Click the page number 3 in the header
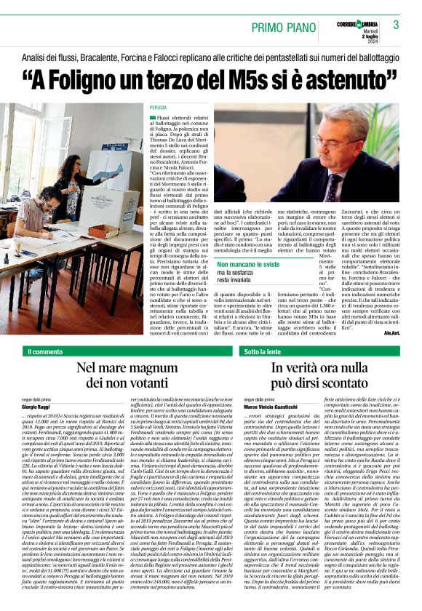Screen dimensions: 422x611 (396, 25)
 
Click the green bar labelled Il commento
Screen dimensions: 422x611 (46, 352)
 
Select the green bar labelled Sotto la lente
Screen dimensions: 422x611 (264, 352)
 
